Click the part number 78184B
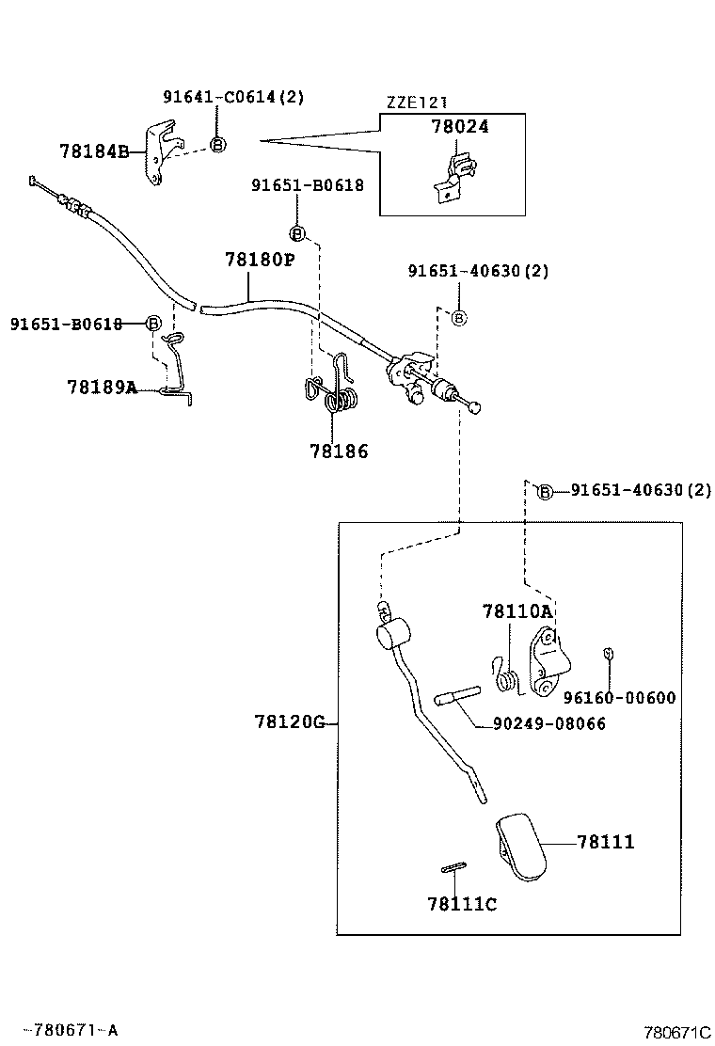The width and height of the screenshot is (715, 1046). (x=95, y=151)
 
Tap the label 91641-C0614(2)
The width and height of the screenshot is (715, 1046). (x=233, y=98)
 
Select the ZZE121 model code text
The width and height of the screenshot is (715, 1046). (x=416, y=103)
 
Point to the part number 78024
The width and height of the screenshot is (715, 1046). (x=459, y=126)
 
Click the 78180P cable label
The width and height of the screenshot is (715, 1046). (x=260, y=259)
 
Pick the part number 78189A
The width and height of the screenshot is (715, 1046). (x=102, y=387)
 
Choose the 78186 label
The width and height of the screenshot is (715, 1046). (x=339, y=452)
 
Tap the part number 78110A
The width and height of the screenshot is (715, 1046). (x=517, y=611)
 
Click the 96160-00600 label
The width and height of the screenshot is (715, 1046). (x=620, y=698)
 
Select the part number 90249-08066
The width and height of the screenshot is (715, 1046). (x=549, y=723)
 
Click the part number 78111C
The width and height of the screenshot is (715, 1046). (x=462, y=905)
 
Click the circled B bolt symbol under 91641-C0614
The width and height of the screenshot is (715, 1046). (x=217, y=144)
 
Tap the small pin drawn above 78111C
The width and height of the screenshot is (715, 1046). (x=453, y=867)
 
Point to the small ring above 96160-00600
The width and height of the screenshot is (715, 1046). (x=608, y=654)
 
